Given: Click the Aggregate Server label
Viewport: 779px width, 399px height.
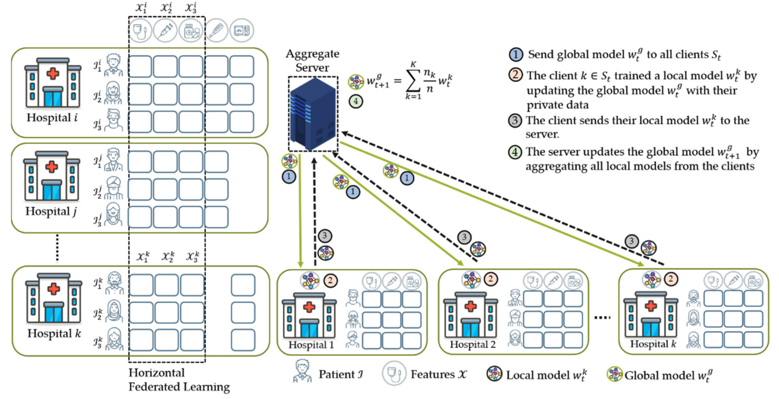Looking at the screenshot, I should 312,60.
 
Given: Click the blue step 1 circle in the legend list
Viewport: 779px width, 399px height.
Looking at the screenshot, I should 516,56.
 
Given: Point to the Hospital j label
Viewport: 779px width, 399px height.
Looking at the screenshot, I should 51,211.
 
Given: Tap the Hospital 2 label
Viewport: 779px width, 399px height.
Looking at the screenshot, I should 472,345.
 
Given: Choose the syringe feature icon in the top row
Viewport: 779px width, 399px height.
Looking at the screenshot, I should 165,30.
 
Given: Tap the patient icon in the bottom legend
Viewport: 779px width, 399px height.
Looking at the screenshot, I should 301,372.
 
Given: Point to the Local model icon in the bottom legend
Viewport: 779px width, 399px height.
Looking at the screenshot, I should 494,375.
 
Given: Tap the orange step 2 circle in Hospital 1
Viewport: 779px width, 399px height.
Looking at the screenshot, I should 331,281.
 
